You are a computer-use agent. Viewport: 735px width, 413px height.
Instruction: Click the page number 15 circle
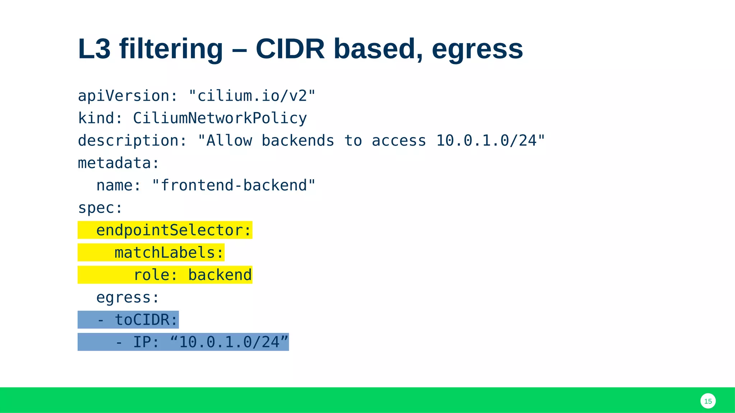[708, 401]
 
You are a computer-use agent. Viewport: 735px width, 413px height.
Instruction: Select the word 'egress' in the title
[477, 49]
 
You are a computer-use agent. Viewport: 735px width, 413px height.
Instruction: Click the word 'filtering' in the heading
[171, 49]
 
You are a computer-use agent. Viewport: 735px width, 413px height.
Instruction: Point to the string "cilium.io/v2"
[252, 96]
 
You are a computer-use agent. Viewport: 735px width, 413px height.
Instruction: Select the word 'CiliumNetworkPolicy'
[220, 118]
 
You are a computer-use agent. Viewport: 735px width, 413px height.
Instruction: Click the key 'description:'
[132, 141]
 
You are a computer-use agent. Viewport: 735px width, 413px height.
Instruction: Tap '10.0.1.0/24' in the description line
[486, 141]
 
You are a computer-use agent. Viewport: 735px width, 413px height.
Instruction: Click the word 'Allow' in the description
[229, 141]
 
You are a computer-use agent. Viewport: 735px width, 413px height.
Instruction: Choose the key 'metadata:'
[118, 163]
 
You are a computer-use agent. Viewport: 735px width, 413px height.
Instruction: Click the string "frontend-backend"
[234, 185]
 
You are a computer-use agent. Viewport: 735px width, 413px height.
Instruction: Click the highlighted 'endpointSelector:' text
[174, 230]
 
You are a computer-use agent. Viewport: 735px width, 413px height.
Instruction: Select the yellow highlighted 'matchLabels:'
[169, 253]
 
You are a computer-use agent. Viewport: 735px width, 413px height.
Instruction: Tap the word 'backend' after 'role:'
[220, 275]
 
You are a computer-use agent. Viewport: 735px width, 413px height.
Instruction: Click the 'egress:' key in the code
[128, 298]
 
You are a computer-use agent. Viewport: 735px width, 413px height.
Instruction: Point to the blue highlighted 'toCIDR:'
[146, 320]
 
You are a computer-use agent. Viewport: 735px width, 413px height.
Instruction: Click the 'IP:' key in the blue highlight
[146, 342]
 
